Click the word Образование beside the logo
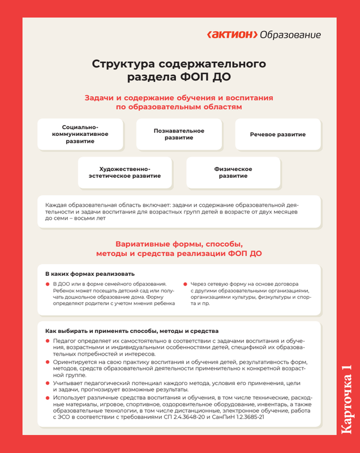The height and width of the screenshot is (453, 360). coord(290,35)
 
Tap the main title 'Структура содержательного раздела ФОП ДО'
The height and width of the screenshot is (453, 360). coord(179,70)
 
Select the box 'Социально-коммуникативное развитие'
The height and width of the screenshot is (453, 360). coord(84,134)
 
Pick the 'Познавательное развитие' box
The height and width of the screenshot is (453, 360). coord(179,134)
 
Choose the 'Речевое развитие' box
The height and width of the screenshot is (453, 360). coord(277,135)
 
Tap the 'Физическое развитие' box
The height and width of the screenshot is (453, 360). coord(233,173)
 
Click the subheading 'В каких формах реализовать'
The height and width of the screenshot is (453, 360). coord(89,275)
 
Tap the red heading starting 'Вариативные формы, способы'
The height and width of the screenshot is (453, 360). coord(179,243)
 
